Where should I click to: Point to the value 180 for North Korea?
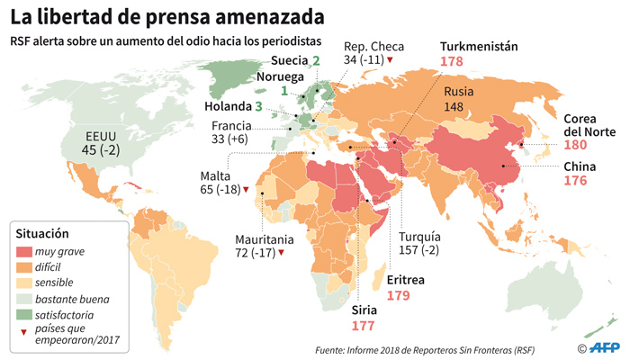point(575,146)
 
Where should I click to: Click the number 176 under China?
point(575,181)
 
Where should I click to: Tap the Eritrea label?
point(406,280)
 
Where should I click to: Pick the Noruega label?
point(282,76)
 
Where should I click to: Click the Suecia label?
point(290,61)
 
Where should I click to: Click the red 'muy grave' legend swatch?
point(25,252)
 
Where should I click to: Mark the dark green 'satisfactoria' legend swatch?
point(25,315)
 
